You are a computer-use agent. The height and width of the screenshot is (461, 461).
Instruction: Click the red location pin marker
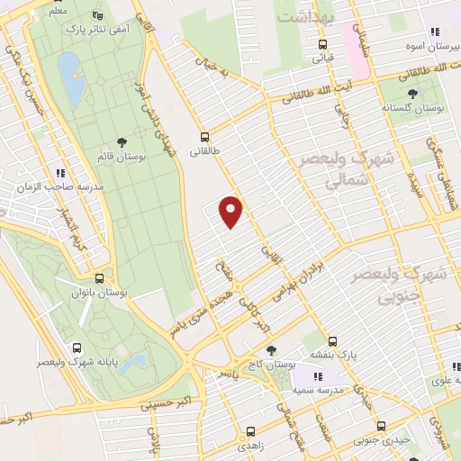point(231,212)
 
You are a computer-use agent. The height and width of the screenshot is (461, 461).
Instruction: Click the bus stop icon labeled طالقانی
point(205,138)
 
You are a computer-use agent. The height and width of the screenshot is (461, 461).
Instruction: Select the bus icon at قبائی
point(321,44)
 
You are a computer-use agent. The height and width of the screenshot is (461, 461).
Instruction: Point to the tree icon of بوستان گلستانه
point(413,93)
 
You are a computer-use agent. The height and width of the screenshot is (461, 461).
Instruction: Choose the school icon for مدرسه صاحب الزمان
point(61,173)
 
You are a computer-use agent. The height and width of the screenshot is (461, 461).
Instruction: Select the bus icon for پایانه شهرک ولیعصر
point(77,348)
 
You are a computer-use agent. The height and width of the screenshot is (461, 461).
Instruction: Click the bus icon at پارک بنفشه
point(332,342)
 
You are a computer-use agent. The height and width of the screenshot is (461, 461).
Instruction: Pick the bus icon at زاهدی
point(250,431)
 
